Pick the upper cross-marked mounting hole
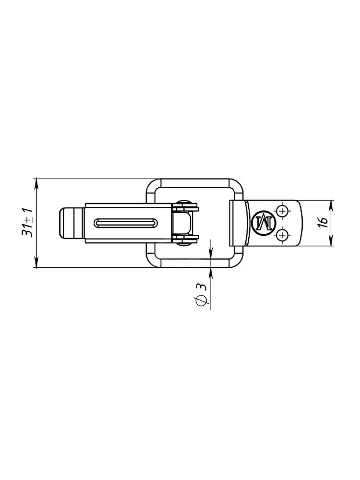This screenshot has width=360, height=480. point(282,211)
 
